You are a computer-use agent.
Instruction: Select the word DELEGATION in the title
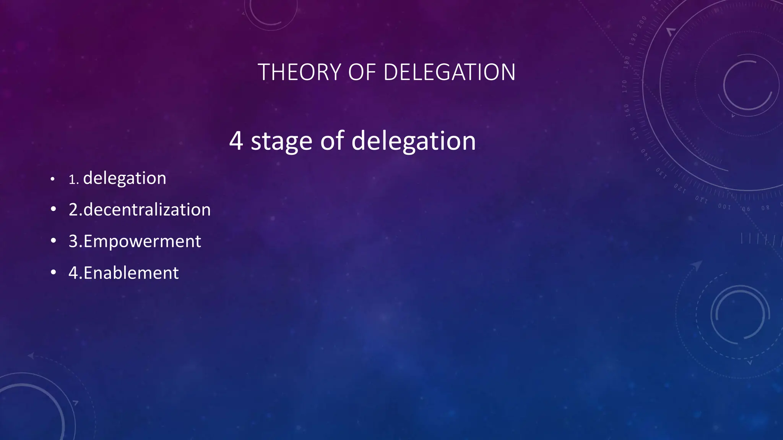pyautogui.click(x=449, y=72)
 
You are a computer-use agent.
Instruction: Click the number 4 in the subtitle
pyautogui.click(x=236, y=141)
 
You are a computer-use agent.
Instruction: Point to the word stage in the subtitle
pyautogui.click(x=281, y=142)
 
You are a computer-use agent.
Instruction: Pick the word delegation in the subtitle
pyautogui.click(x=413, y=142)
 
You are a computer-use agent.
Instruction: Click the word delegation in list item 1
pyautogui.click(x=125, y=178)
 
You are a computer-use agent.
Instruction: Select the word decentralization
pyautogui.click(x=147, y=210)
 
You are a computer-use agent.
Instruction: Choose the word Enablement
pyautogui.click(x=131, y=273)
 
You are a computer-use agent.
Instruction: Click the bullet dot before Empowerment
pyautogui.click(x=54, y=241)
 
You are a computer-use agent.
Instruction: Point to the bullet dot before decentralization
pyautogui.click(x=54, y=209)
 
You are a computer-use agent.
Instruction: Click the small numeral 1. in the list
pyautogui.click(x=73, y=180)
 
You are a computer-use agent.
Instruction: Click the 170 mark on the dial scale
pyautogui.click(x=625, y=86)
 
